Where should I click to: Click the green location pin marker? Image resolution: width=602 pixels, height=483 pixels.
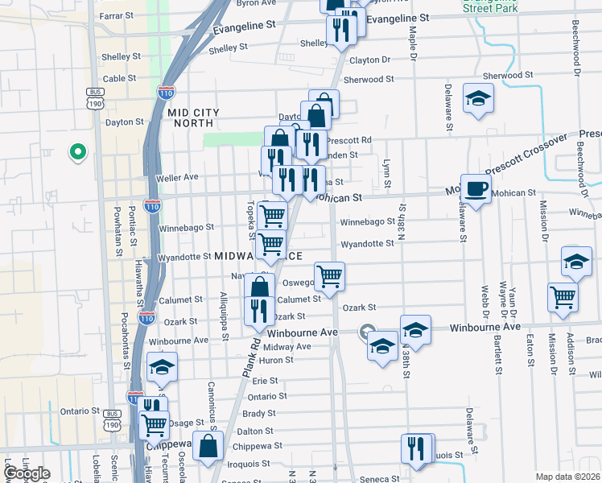point(77,151)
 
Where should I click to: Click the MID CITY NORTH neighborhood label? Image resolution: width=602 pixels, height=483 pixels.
point(192,118)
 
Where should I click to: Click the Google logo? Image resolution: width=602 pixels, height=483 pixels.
point(27,474)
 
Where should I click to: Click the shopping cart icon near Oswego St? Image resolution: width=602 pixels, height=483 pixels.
point(329,276)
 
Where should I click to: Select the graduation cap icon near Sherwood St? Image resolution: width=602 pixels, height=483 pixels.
point(478,98)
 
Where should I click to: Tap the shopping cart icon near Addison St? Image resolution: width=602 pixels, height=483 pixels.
point(563,296)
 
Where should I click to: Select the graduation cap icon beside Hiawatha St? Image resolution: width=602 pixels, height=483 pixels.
point(162,367)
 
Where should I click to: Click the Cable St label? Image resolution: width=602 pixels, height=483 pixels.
point(119,78)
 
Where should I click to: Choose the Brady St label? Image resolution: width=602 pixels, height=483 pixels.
point(259,414)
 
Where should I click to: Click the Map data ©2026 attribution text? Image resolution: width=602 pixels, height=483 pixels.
point(568,477)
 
